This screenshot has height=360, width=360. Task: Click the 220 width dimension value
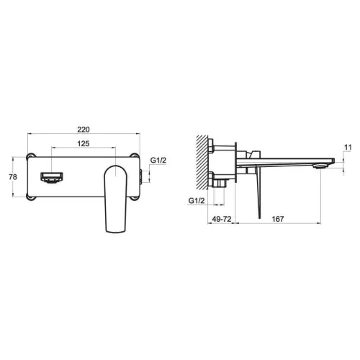84,130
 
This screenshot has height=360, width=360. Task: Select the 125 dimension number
84,143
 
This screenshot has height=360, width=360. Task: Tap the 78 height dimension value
13,177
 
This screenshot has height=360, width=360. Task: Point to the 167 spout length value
278,219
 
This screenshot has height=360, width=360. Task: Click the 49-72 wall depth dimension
222,219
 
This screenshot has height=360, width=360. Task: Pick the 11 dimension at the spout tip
348,148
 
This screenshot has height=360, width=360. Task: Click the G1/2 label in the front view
158,160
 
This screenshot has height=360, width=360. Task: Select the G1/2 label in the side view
197,200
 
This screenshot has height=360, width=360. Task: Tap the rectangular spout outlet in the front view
52,178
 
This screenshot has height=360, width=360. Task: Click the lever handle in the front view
116,199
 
